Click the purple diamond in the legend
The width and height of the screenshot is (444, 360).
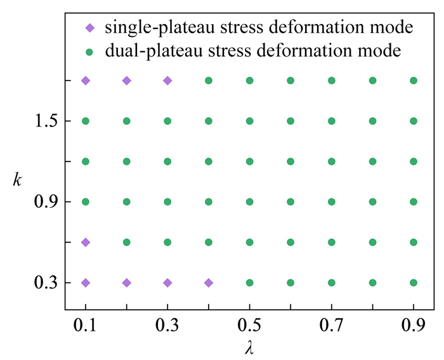point(90,28)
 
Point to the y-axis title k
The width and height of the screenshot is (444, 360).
point(17,179)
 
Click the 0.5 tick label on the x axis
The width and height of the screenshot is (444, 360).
point(249,327)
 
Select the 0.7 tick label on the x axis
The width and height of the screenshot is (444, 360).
point(332,327)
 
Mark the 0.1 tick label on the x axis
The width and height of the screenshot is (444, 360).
point(86,327)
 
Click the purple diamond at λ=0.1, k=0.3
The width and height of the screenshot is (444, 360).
point(86,283)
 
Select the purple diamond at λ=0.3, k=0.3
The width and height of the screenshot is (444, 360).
point(167,283)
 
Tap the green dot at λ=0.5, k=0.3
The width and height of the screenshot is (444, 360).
point(249,283)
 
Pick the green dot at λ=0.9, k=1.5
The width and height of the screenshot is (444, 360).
point(414,121)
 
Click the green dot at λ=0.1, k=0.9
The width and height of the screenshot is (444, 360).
point(86,202)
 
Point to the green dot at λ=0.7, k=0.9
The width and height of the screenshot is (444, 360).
point(332,202)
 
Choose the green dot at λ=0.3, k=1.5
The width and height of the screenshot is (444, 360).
point(167,121)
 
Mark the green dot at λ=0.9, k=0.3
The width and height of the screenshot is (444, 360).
point(414,283)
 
